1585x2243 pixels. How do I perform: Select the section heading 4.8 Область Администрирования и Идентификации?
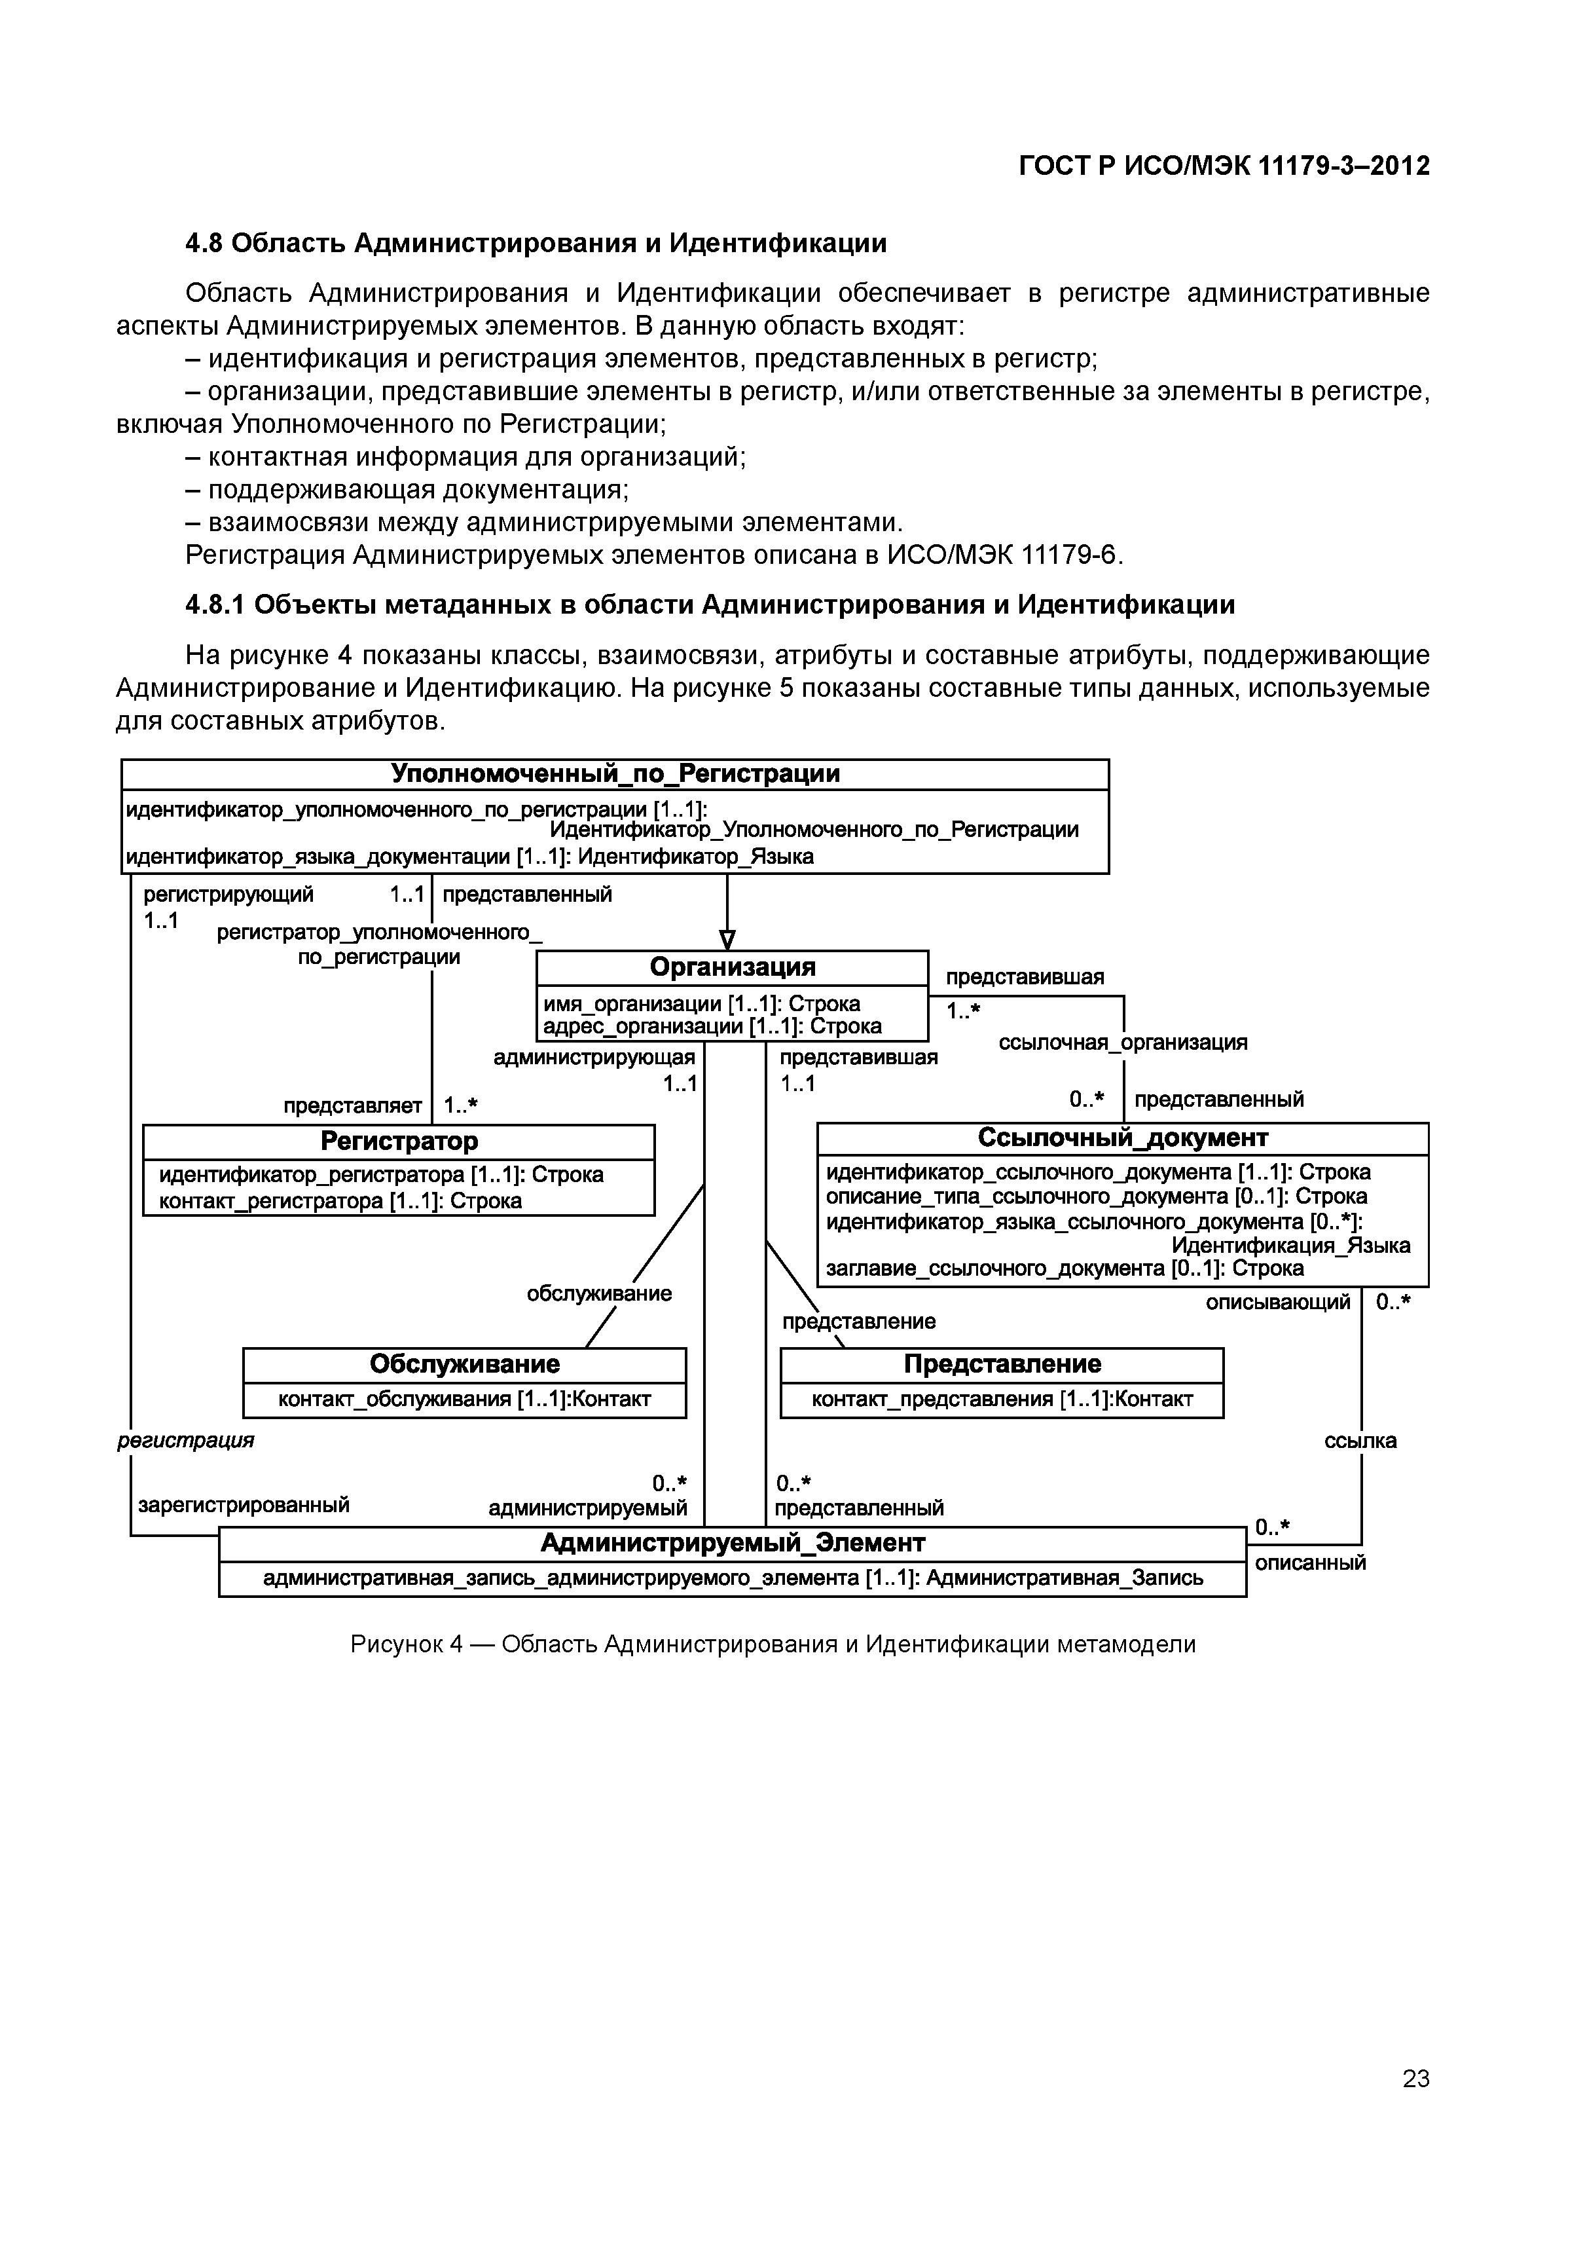pos(536,242)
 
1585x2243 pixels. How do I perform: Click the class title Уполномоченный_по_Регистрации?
pos(615,773)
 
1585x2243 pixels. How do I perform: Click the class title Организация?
pos(733,967)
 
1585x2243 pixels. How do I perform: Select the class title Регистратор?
pos(399,1141)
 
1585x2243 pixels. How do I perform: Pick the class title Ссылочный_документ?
pos(1122,1138)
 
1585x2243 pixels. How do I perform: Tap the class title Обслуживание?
pos(465,1363)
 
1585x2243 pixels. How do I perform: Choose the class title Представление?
pos(1002,1363)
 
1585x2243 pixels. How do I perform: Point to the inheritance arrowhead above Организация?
pos(727,940)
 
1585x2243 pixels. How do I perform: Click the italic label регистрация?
pos(185,1440)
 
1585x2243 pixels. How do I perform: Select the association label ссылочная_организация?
pos(1122,1043)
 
